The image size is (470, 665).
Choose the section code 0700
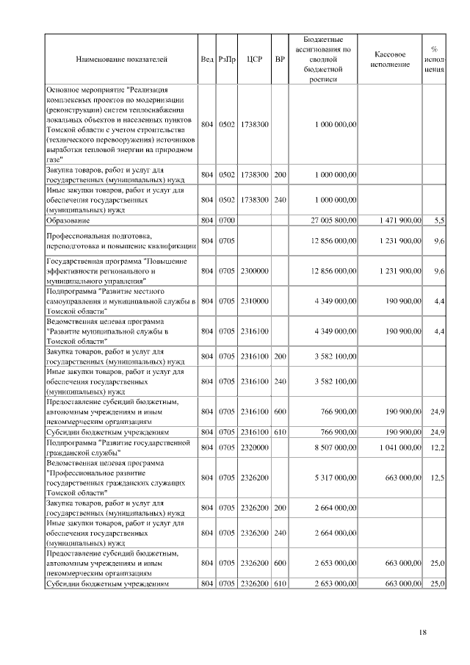click(226, 220)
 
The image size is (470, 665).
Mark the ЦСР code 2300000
click(254, 271)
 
